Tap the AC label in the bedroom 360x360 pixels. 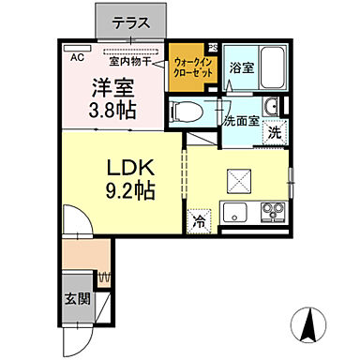(x=78, y=55)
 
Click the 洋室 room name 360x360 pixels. (x=111, y=89)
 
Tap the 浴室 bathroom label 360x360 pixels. (x=241, y=67)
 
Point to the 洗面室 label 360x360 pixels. (x=240, y=121)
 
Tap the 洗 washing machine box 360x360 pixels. (x=274, y=133)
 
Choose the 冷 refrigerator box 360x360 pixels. (x=200, y=221)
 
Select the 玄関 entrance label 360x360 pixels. (x=77, y=300)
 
